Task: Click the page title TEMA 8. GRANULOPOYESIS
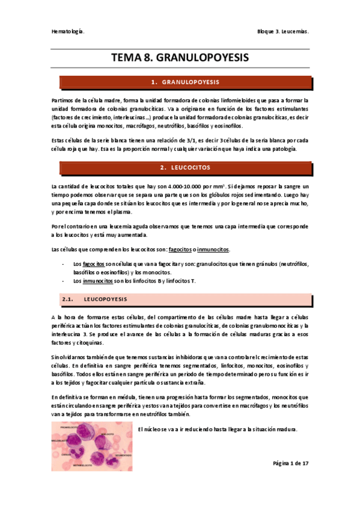pos(180,58)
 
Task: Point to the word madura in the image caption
pos(283,429)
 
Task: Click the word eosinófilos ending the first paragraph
pos(228,126)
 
